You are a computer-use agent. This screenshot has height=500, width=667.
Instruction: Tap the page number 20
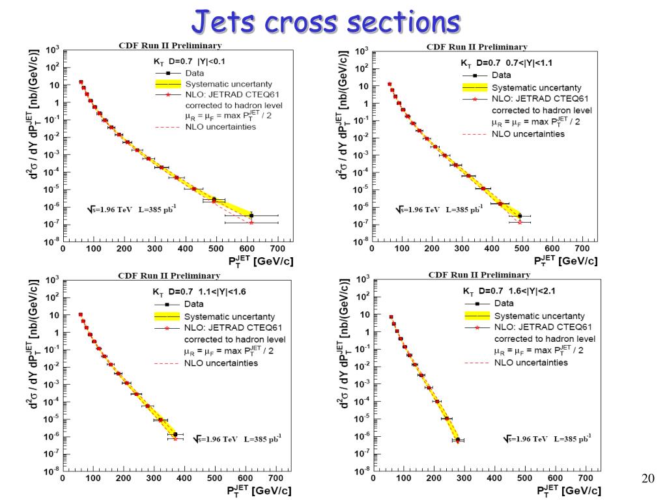(x=647, y=479)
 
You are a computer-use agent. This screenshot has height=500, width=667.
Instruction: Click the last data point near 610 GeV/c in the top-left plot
(x=251, y=215)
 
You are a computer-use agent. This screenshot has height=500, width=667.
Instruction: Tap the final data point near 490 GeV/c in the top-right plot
(x=519, y=215)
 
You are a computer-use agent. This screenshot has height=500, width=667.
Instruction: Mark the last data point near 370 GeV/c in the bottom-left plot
(x=175, y=434)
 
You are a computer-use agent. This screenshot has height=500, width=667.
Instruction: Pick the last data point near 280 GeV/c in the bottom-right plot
(x=457, y=440)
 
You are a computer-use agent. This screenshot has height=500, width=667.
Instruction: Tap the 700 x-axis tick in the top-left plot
(x=278, y=249)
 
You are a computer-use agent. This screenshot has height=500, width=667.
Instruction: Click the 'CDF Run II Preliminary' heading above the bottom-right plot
(x=479, y=275)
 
